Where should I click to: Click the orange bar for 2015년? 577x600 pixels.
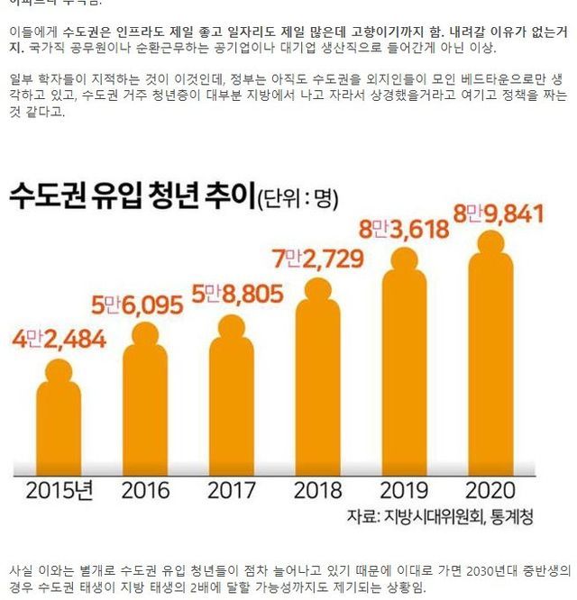(x=59, y=423)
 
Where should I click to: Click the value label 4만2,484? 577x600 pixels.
(x=60, y=339)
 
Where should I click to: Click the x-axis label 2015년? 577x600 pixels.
(x=59, y=491)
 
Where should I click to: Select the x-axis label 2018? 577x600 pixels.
(x=318, y=491)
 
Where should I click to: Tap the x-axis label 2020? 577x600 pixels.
(x=490, y=491)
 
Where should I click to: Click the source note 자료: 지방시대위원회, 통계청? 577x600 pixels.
(x=440, y=517)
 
